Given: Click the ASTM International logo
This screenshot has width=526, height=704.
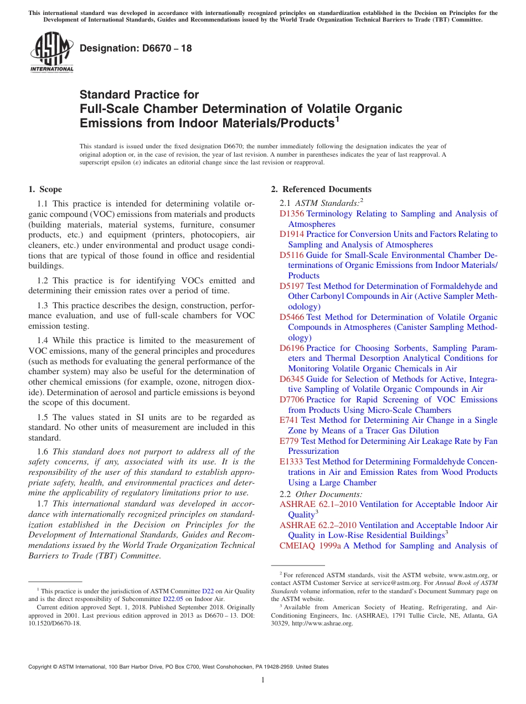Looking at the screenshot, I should click(x=51, y=53).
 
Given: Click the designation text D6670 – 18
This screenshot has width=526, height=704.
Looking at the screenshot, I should click(x=136, y=48).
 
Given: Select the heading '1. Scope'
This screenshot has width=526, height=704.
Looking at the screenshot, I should click(x=45, y=189).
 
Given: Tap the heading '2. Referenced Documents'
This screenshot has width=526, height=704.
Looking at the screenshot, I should click(x=321, y=189).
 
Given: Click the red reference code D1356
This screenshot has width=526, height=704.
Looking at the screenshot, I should click(x=292, y=214).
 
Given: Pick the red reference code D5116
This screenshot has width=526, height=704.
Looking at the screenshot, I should click(x=292, y=255).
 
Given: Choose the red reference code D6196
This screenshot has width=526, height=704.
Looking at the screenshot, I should click(x=292, y=348).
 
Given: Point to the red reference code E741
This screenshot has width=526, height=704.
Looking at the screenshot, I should click(x=289, y=420).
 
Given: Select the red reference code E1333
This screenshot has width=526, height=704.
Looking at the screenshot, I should click(x=291, y=462).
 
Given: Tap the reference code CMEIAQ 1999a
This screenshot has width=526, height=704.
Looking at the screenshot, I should click(x=310, y=546).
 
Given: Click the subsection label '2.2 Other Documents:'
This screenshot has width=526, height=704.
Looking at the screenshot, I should click(x=321, y=494).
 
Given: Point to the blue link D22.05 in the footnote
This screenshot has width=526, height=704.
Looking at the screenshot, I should click(x=173, y=599).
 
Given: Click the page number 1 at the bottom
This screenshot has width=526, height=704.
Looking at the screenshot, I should click(x=263, y=681).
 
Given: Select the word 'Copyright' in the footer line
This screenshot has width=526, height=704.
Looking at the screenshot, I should click(x=40, y=667).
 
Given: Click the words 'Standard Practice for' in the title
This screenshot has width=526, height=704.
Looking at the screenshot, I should click(x=139, y=95).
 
